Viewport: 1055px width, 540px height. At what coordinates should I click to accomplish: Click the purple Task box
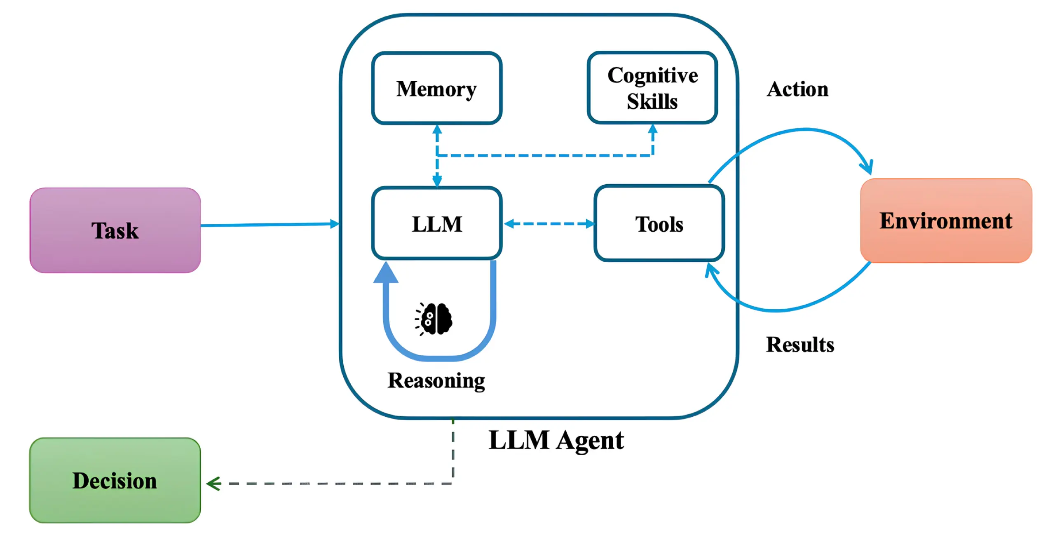[x=115, y=230]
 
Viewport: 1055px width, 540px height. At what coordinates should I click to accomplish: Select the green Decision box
[x=115, y=480]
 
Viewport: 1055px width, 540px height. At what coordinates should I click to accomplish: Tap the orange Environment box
[x=946, y=221]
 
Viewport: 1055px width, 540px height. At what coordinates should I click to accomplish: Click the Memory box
[x=436, y=88]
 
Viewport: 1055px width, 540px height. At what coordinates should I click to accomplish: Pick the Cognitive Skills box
[x=652, y=88]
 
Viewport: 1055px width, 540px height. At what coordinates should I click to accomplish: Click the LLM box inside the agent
[x=436, y=223]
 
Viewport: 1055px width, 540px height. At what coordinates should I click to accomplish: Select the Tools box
[x=659, y=223]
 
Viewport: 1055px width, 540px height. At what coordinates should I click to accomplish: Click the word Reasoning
[x=436, y=380]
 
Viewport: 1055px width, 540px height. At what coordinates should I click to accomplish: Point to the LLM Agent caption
[x=556, y=440]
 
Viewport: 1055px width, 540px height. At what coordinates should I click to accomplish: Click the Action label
[x=797, y=89]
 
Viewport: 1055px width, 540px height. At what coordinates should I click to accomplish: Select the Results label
[x=800, y=344]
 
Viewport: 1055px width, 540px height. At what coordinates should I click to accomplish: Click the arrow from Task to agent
[x=268, y=225]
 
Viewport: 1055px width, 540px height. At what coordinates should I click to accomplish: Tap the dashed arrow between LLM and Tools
[x=549, y=223]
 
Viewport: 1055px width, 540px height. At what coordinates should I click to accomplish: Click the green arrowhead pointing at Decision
[x=213, y=484]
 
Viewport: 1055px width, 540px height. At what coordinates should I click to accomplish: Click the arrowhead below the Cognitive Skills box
[x=653, y=129]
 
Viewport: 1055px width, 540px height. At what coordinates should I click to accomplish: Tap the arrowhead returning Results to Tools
[x=710, y=270]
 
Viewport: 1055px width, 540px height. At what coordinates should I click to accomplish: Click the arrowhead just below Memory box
[x=437, y=129]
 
